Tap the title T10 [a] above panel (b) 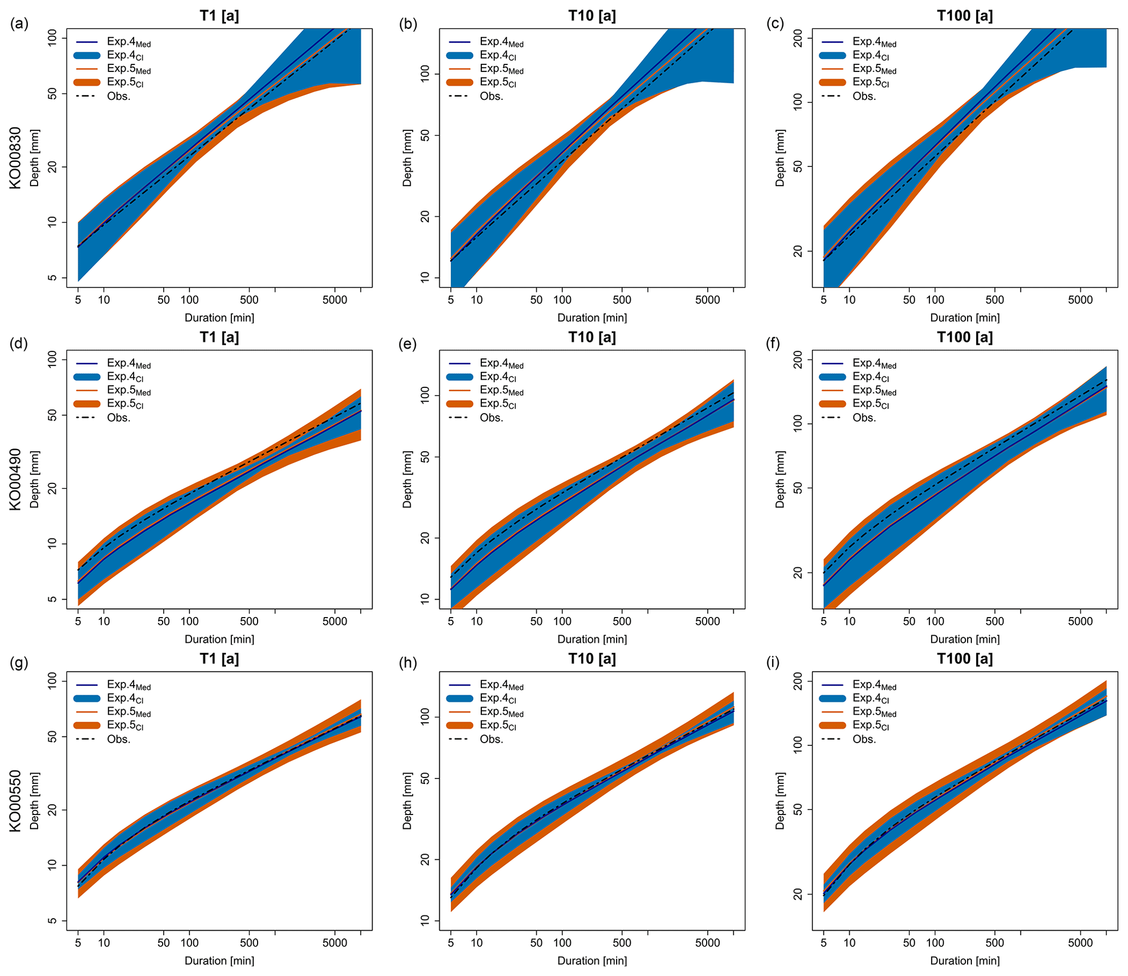point(592,16)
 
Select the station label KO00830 point(15,158)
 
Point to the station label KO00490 point(15,479)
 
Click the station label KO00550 point(15,800)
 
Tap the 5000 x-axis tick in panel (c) point(1080,300)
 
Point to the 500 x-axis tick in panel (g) point(249,942)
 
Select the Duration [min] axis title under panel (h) point(592,960)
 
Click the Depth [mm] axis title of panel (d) point(35,479)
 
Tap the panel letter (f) point(774,345)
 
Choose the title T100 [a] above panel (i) point(964,658)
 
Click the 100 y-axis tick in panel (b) point(426,74)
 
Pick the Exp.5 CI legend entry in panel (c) point(870,82)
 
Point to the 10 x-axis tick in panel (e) point(476,621)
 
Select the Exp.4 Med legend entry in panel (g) point(128,685)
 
